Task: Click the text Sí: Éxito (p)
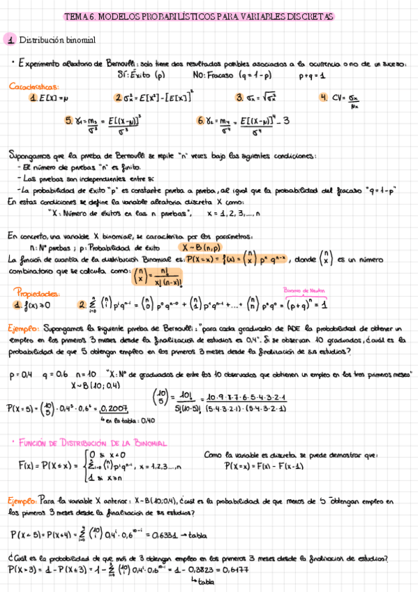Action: (x=142, y=73)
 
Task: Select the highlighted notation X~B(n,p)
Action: (x=200, y=247)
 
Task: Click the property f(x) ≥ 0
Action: (x=34, y=305)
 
